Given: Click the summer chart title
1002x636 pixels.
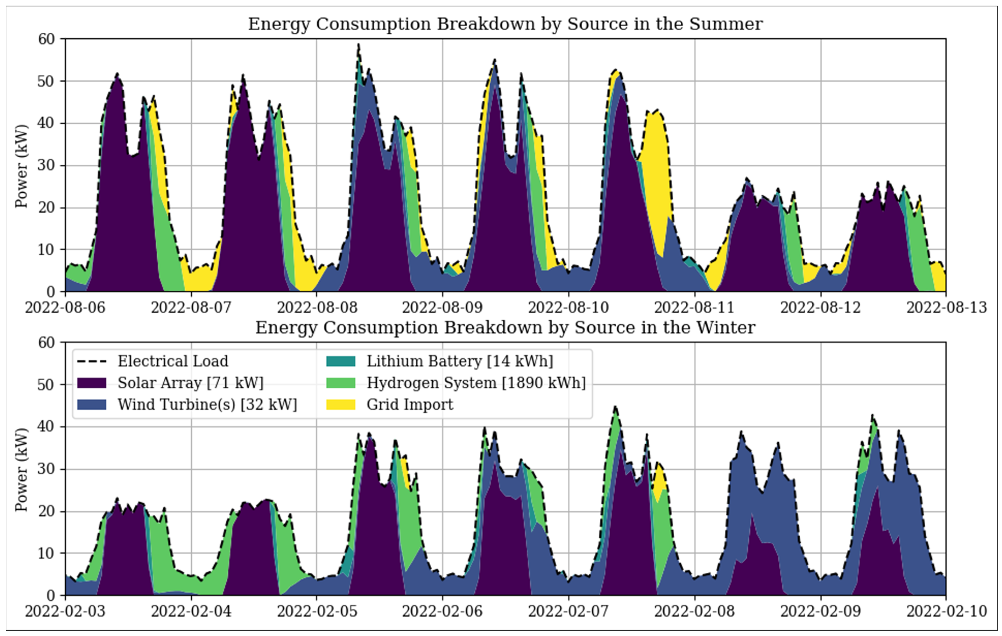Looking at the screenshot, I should [505, 24].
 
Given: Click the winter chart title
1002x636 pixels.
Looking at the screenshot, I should [505, 327].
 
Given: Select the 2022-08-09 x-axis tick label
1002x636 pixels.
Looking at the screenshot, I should [442, 308].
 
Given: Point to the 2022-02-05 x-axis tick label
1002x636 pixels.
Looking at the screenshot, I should [317, 612].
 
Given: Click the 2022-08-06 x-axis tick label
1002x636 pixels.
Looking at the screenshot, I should [65, 308].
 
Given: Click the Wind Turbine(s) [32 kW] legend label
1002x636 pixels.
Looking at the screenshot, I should [207, 404].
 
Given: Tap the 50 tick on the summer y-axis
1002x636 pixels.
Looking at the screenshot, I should [46, 81].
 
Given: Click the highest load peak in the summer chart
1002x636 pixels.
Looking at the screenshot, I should [358, 45].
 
